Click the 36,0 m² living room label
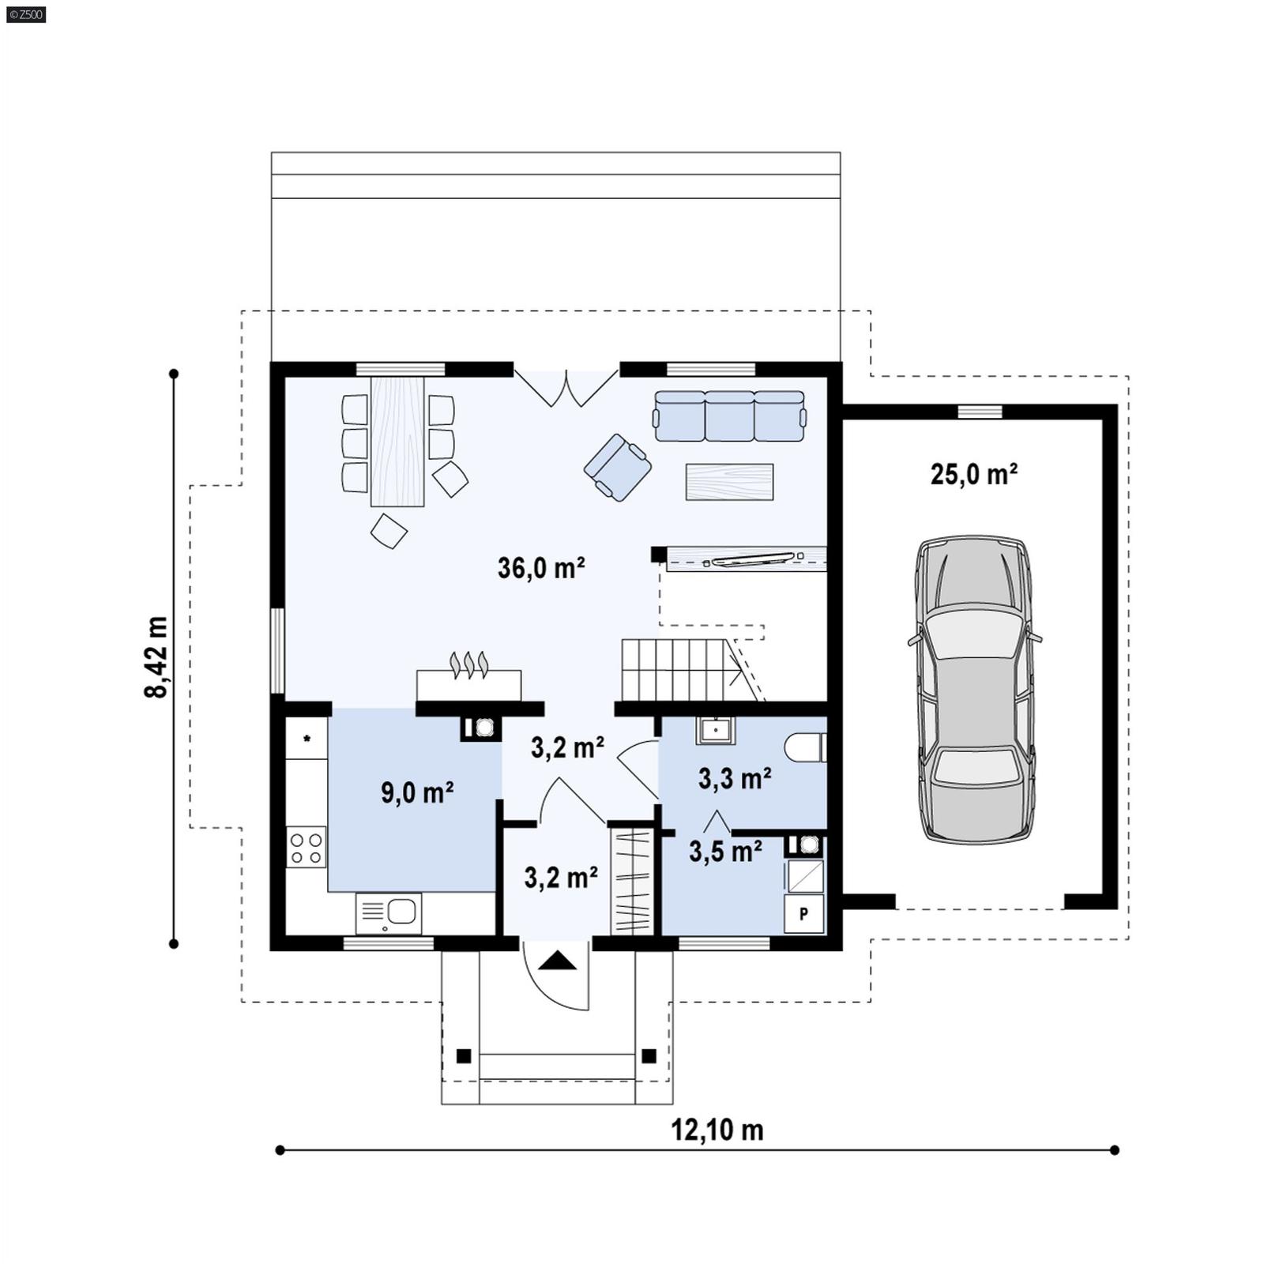(541, 568)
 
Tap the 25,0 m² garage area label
(973, 475)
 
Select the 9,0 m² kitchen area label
(417, 792)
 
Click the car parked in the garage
(975, 689)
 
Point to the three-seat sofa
(729, 416)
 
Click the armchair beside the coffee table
(617, 467)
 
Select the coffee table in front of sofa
(729, 481)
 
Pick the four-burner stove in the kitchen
(306, 847)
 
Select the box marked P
(803, 914)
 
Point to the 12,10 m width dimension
(717, 1130)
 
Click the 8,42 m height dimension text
(156, 657)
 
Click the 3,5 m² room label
(725, 851)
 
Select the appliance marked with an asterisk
(307, 739)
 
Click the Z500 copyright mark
(25, 13)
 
